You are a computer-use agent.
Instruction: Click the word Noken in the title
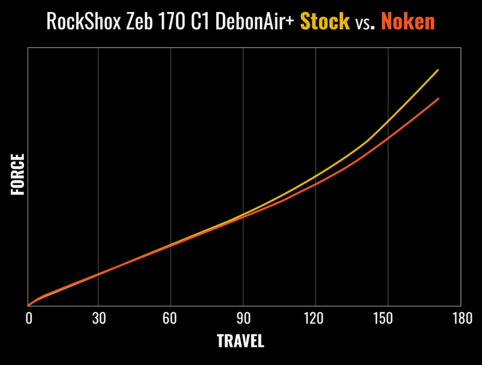pyautogui.click(x=408, y=22)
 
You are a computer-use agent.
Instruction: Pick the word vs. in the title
pyautogui.click(x=365, y=23)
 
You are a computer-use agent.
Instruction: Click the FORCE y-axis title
pyautogui.click(x=17, y=175)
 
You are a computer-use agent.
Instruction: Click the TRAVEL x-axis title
pyautogui.click(x=241, y=341)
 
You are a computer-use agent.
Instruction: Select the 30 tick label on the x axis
pyautogui.click(x=98, y=319)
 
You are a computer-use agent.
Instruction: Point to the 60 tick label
pyautogui.click(x=171, y=319)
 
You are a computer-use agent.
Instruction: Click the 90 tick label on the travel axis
pyautogui.click(x=243, y=319)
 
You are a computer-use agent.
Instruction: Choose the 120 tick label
pyautogui.click(x=315, y=319)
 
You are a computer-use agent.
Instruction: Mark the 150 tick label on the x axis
pyautogui.click(x=387, y=319)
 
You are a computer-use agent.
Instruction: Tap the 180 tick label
pyautogui.click(x=460, y=319)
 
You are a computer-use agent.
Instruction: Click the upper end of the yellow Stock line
pyautogui.click(x=438, y=70)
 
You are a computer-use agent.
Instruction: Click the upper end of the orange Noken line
pyautogui.click(x=438, y=98)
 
